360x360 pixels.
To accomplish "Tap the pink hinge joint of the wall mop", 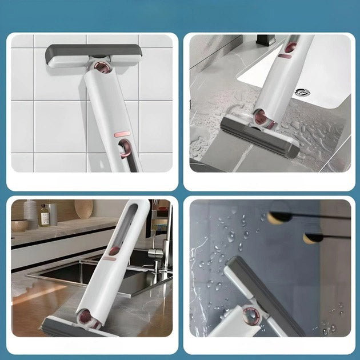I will tap(102, 67).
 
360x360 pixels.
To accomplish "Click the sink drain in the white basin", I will tap(302, 92).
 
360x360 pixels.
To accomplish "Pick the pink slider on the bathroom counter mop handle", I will tap(286, 55).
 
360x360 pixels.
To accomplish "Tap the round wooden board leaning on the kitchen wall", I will tap(83, 209).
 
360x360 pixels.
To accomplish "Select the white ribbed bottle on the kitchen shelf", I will tap(30, 213).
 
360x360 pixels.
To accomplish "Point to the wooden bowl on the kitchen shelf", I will tap(19, 225).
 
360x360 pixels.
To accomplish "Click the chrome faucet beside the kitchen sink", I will tap(155, 243).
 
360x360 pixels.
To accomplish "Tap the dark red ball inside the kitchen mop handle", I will tap(114, 250).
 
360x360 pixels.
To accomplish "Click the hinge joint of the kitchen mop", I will tap(87, 316).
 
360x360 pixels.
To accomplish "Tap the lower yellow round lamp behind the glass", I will tap(311, 237).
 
